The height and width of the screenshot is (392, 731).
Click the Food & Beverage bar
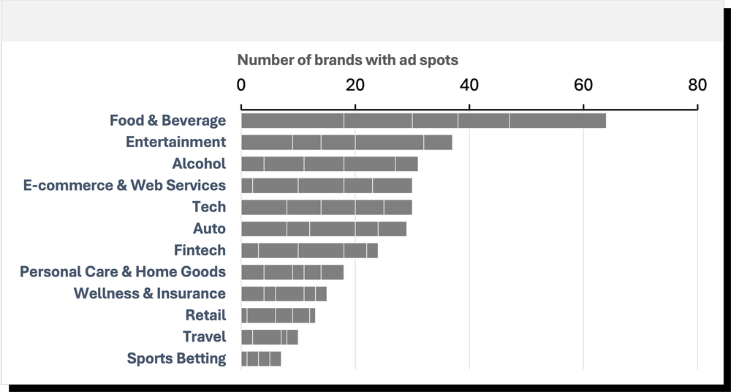click(423, 121)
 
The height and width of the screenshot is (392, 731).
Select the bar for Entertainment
click(346, 143)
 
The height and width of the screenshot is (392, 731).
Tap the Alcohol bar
click(329, 164)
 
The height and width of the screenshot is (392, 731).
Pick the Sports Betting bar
click(261, 358)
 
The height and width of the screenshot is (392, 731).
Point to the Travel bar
click(269, 337)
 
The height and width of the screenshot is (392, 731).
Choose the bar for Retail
click(278, 315)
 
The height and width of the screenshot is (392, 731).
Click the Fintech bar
click(309, 251)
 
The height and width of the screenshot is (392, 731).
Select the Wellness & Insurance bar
click(284, 294)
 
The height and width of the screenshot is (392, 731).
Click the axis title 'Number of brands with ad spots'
click(348, 60)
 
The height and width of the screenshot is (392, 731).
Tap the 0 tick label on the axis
click(241, 85)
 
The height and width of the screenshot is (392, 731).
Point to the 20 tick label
click(355, 85)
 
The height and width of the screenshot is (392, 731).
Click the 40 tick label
click(469, 85)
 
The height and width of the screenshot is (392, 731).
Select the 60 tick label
click(583, 85)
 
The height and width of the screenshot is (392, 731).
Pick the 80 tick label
click(697, 85)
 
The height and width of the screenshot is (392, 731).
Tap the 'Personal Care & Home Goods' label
click(123, 272)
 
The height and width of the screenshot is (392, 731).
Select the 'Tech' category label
click(209, 207)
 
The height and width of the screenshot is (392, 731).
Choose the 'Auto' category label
click(209, 229)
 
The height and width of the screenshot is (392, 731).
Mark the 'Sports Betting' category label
click(176, 358)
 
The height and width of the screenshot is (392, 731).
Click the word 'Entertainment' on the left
click(175, 143)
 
